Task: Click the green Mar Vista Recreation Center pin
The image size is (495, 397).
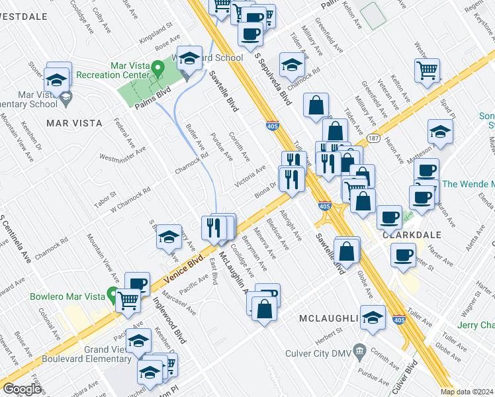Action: [157, 68]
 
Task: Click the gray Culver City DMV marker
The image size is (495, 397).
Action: [359, 349]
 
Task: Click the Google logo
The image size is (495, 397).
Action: [22, 388]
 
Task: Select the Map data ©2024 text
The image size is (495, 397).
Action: [467, 392]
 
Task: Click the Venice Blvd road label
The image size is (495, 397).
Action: [174, 273]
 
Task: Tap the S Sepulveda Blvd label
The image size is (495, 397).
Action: [273, 79]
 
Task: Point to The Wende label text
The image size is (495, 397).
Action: [467, 184]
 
